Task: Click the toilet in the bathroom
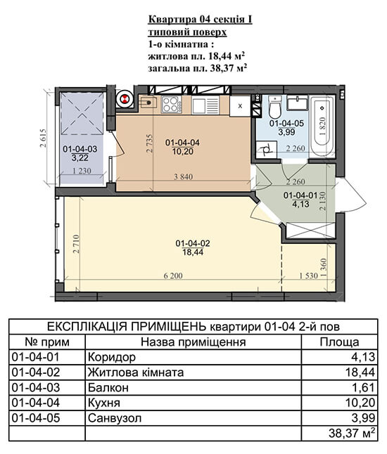coord(275,107)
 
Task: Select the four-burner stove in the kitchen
coord(172,105)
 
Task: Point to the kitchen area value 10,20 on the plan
coord(183,151)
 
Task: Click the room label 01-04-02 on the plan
coord(193,243)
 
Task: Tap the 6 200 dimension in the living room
coord(173,275)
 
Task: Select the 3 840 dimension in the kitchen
coord(183,176)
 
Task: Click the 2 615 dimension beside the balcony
coord(43,138)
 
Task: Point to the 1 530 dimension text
coord(309,275)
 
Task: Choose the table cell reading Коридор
coord(112,357)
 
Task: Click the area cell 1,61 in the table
coord(364,388)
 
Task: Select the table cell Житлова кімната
coord(136,372)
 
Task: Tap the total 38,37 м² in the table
coord(353,433)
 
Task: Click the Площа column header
coord(339,342)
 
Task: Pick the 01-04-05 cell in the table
coord(36,418)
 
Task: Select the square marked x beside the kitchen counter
coord(240,106)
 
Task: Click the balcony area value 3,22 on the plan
coord(80,158)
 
